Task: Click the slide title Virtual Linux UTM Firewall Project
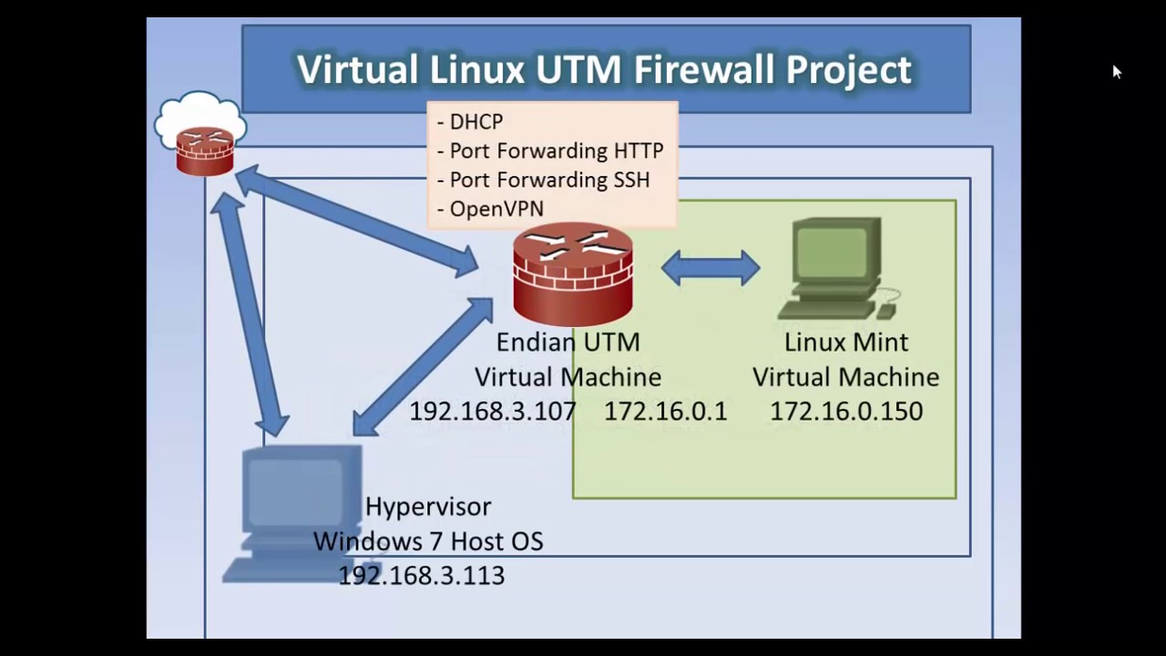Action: pos(605,69)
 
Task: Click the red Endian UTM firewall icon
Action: pos(572,273)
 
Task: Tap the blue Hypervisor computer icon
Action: pos(291,510)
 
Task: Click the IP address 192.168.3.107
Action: pos(492,411)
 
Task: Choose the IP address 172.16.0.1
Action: pos(666,411)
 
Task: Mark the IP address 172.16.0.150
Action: pos(846,411)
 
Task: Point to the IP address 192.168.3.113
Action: pos(421,575)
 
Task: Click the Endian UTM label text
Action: pos(568,343)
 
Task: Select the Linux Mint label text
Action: pos(846,343)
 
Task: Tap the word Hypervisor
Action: pos(428,507)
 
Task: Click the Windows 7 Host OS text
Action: pos(428,541)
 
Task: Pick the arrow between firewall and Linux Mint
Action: pos(711,269)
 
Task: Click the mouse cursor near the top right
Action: pos(1117,71)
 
